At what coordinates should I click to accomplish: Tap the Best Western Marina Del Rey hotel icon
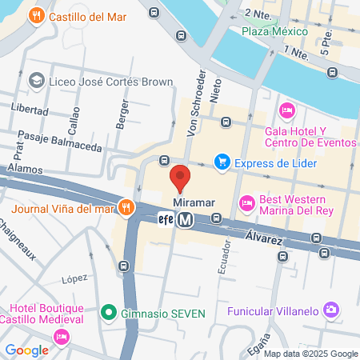tap(246, 203)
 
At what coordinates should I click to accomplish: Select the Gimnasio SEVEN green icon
tap(110, 312)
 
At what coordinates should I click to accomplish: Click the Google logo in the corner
tap(26, 350)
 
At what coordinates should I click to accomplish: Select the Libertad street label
tap(30, 109)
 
